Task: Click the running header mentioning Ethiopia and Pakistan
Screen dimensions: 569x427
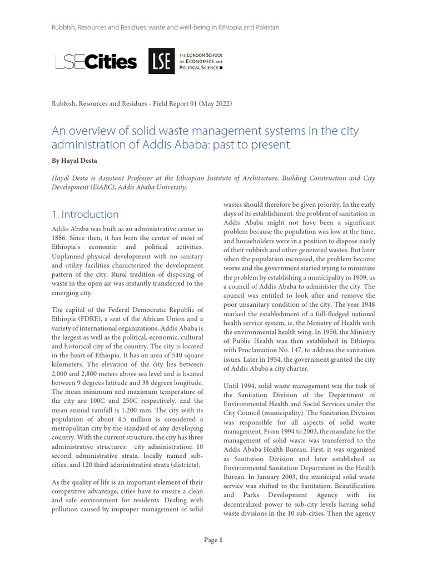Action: click(x=166, y=27)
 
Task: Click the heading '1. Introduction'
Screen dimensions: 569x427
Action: click(x=85, y=214)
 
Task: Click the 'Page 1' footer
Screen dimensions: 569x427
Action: click(x=213, y=540)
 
